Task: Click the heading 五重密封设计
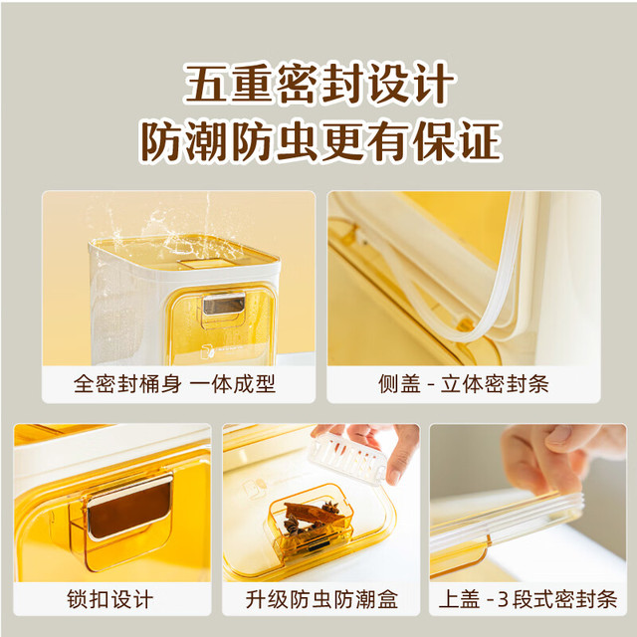(319, 83)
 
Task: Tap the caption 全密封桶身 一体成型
(175, 383)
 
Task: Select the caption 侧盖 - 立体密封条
(464, 383)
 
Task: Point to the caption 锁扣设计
(110, 599)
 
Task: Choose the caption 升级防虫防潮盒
(321, 599)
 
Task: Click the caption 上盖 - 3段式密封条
(528, 599)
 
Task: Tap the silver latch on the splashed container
(224, 304)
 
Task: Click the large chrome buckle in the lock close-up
(129, 508)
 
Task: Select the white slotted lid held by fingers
(346, 458)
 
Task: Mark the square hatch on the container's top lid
(205, 263)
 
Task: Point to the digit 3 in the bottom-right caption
(503, 599)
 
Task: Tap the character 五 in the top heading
(206, 83)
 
